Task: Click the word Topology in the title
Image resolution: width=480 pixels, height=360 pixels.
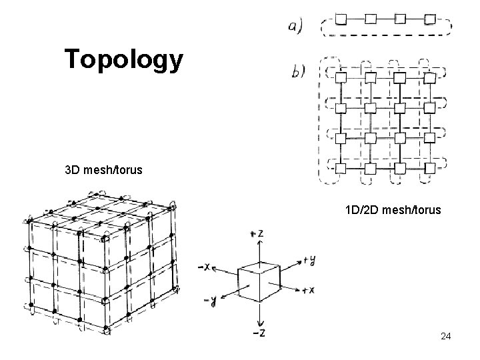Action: [124, 59]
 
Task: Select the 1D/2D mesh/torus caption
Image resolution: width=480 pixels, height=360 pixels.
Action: [393, 211]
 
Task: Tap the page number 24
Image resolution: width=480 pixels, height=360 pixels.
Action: [445, 337]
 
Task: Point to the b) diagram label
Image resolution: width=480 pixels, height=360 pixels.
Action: [297, 71]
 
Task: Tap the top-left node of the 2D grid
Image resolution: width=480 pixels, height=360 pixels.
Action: [340, 78]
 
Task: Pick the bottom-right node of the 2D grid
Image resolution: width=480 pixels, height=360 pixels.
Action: [430, 167]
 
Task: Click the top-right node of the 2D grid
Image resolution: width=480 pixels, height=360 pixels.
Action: [430, 78]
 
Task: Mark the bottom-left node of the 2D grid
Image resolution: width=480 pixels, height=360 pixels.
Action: [340, 167]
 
